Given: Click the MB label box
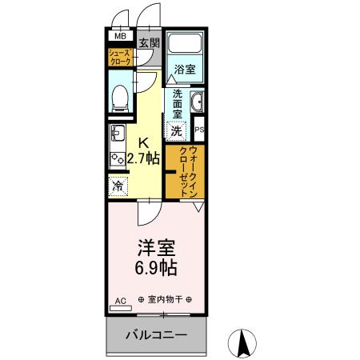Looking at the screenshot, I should [x=120, y=36].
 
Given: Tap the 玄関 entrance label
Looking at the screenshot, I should [x=148, y=42].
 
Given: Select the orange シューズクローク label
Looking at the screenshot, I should [x=121, y=57].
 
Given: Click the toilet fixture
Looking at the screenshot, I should [x=121, y=97].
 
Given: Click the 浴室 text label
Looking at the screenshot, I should [x=185, y=70].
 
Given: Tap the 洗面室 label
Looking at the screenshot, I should [x=178, y=103].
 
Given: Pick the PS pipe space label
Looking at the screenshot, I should [x=200, y=129].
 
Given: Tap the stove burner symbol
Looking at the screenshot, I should [x=117, y=157].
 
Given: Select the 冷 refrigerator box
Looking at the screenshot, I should [x=118, y=186].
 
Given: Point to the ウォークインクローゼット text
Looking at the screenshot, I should [x=188, y=170].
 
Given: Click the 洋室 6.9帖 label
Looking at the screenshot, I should [x=156, y=257].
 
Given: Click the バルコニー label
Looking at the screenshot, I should [x=157, y=336].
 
